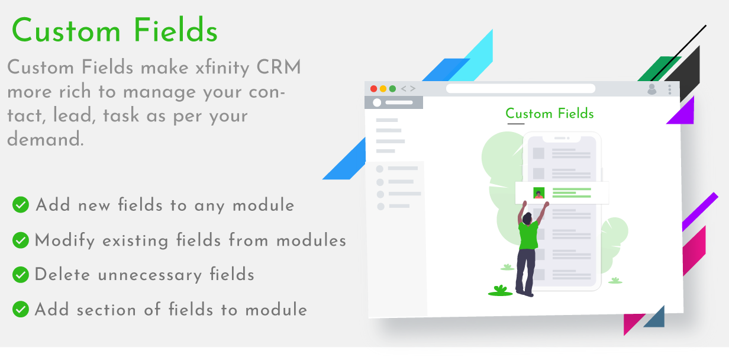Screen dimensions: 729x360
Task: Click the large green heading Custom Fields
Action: pos(115,31)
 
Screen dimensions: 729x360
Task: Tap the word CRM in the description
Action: pos(279,67)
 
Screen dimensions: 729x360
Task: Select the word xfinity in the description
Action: pos(222,69)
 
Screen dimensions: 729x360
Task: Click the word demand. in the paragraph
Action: pos(46,139)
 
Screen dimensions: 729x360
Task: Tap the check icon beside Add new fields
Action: pos(21,205)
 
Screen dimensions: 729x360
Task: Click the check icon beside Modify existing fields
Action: pos(21,240)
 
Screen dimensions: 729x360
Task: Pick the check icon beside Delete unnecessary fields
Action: pos(21,275)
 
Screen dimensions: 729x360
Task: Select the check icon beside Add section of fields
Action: pos(21,309)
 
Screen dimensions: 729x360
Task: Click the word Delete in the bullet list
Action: pos(62,274)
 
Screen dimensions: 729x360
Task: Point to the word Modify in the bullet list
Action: pos(64,241)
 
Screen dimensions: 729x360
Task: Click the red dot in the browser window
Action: pos(373,89)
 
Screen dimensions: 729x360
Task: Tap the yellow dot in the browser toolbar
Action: pos(383,89)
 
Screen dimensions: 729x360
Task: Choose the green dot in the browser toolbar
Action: pos(392,89)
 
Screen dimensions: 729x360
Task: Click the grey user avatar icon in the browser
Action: pos(652,89)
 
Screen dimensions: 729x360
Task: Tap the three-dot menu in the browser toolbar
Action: pos(670,89)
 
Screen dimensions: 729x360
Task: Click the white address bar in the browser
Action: pos(520,89)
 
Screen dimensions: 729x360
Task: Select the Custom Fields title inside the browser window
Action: pos(549,114)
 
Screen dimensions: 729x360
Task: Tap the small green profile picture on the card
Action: pos(539,193)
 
